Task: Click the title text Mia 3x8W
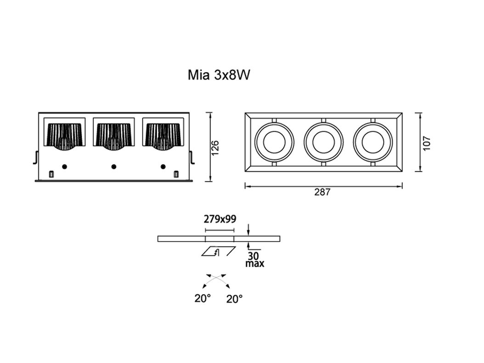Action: pyautogui.click(x=219, y=75)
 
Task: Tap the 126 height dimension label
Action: pyautogui.click(x=215, y=147)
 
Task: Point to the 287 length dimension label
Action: pyautogui.click(x=322, y=193)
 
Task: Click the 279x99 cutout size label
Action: pyautogui.click(x=220, y=219)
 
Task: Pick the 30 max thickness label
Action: pyautogui.click(x=254, y=260)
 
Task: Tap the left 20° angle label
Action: pyautogui.click(x=202, y=298)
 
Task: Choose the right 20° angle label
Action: pyautogui.click(x=234, y=299)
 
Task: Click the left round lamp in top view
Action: pyautogui.click(x=274, y=142)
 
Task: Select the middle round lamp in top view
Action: pyautogui.click(x=323, y=142)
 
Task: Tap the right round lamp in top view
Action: pyautogui.click(x=372, y=142)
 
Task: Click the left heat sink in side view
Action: pyautogui.click(x=65, y=136)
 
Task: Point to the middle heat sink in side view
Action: pyautogui.click(x=114, y=136)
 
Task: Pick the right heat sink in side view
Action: pyautogui.click(x=163, y=136)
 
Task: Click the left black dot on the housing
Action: pyautogui.click(x=64, y=166)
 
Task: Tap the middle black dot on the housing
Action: pyautogui.click(x=114, y=166)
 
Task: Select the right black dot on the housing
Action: pyautogui.click(x=163, y=166)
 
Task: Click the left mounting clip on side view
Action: pyautogui.click(x=35, y=157)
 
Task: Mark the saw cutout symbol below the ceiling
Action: pyautogui.click(x=219, y=251)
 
